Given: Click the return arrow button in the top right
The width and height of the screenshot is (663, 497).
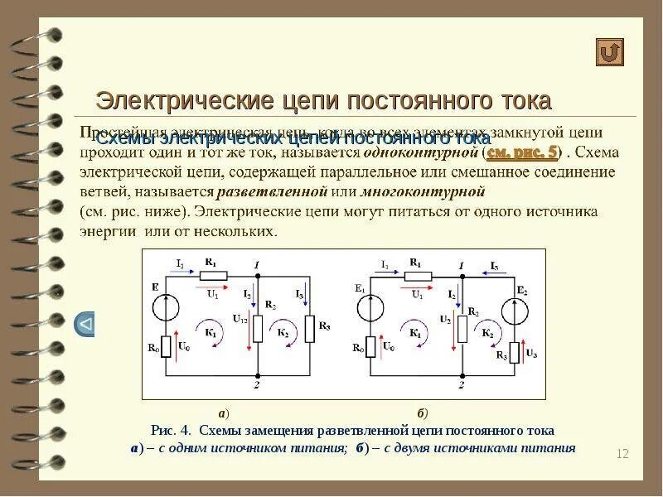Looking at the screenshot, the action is (x=610, y=52).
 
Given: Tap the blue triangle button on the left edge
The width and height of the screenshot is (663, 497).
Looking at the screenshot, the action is (x=85, y=324).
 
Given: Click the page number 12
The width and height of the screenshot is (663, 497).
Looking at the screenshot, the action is (x=623, y=453).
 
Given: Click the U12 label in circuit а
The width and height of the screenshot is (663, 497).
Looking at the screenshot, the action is (x=240, y=319).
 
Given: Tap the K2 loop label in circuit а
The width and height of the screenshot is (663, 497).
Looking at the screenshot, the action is (x=283, y=331).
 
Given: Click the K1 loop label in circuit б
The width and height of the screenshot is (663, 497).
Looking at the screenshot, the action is (x=414, y=331).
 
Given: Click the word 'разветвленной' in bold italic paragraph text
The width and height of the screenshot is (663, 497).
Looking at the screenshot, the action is (x=259, y=192).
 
